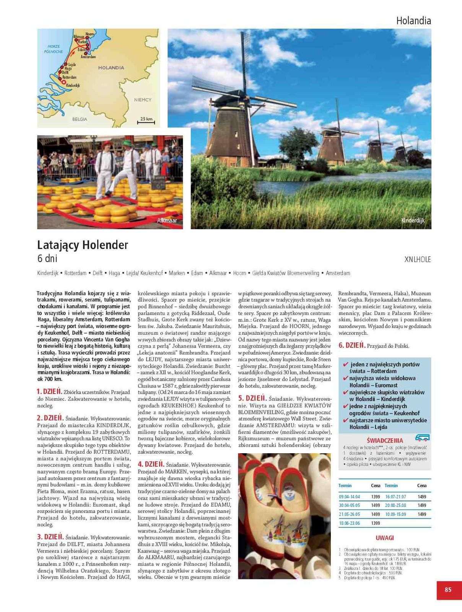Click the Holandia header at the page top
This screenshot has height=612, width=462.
[413, 21]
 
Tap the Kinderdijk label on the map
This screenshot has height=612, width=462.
[73, 85]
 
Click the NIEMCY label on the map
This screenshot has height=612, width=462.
[143, 100]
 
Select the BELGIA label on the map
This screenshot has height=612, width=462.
[80, 119]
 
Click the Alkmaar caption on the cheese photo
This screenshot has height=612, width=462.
[167, 221]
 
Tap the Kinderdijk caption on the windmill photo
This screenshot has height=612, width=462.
[413, 221]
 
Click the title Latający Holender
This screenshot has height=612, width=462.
[83, 245]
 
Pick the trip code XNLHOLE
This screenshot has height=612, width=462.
[418, 260]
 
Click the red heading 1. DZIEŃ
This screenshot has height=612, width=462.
[49, 392]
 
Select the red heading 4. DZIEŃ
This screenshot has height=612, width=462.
[151, 464]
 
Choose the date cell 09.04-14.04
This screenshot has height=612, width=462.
[349, 497]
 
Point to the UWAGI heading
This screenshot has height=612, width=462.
[384, 538]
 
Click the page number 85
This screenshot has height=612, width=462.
[448, 590]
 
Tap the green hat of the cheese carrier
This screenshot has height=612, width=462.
[127, 143]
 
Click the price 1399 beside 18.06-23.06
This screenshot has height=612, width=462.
[376, 523]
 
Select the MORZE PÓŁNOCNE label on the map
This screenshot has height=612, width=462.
[54, 49]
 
